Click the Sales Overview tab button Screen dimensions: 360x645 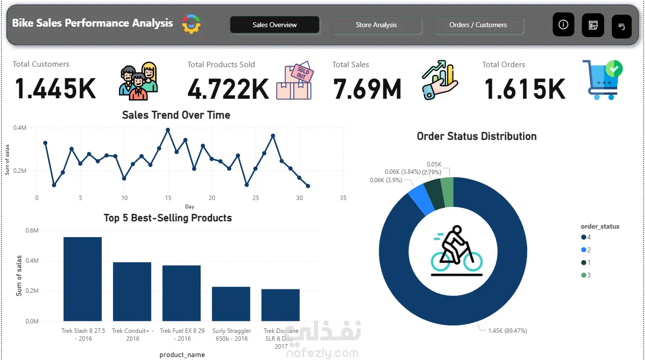tap(275, 25)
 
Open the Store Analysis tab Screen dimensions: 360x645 tap(376, 25)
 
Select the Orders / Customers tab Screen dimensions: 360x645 tap(478, 25)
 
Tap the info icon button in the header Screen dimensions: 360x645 tap(563, 25)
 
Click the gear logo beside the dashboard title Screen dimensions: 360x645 tap(191, 24)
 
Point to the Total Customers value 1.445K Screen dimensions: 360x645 tap(55, 89)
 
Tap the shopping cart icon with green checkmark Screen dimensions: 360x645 tap(602, 80)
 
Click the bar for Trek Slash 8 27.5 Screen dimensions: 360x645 tap(82, 279)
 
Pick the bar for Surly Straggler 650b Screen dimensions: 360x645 tap(231, 304)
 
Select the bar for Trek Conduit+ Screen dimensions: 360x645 tap(132, 291)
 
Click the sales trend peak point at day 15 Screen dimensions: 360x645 tap(168, 130)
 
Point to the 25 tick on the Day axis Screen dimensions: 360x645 tap(255, 198)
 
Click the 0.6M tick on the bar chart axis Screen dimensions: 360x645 tap(32, 231)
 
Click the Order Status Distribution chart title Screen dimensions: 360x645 tap(476, 136)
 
